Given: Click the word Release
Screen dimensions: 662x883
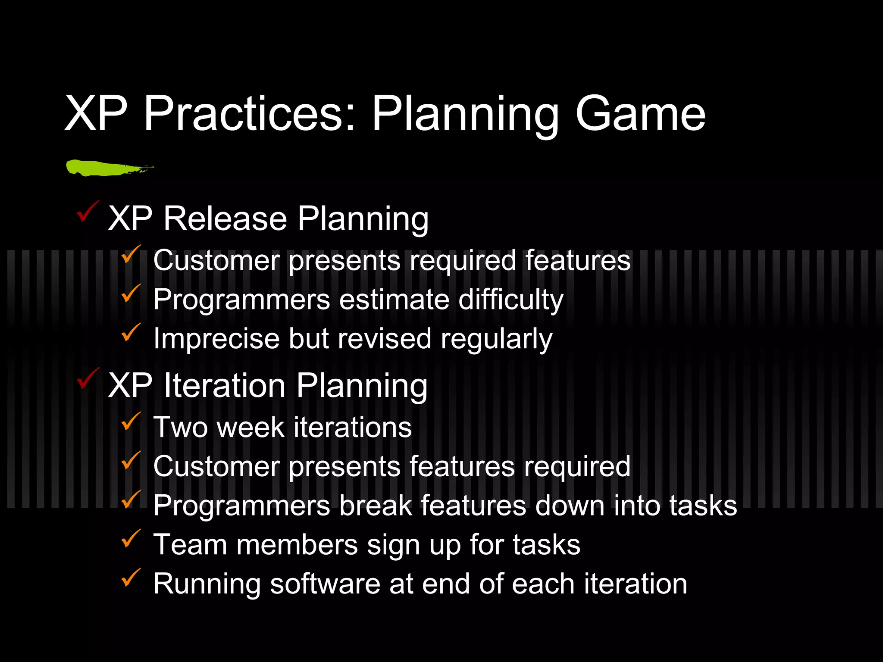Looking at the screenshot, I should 225,219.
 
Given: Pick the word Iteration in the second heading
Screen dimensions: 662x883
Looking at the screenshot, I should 225,385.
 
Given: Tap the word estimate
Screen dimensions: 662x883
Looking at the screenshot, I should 394,300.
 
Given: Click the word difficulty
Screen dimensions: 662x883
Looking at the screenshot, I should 511,300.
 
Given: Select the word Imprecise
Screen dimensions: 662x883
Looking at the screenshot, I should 216,339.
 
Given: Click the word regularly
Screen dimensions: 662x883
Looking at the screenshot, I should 496,339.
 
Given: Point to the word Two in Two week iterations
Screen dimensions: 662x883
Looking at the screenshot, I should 181,428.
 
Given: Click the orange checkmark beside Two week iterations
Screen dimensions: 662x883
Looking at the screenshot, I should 131,422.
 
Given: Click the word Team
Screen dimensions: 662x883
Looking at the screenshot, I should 190,545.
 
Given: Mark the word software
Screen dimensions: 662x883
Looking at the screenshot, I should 325,584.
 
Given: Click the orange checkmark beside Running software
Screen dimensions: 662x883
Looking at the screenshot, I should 131,578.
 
